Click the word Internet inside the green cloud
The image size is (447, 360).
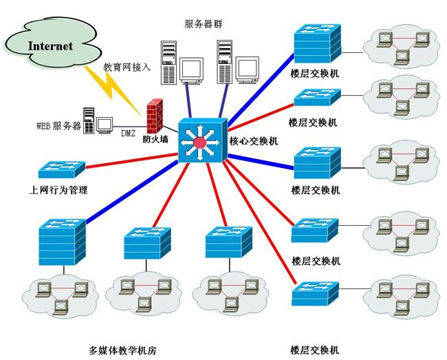[x=50, y=46]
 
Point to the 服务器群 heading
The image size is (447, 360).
[x=204, y=24]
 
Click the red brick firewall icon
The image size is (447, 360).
[x=155, y=114]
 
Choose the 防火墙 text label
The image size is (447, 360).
[x=155, y=139]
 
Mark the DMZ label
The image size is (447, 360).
[x=129, y=133]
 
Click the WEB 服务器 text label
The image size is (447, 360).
[x=58, y=127]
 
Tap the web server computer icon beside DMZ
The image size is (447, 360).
[x=96, y=121]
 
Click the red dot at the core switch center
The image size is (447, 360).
[x=200, y=142]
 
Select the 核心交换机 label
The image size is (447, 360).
[x=254, y=142]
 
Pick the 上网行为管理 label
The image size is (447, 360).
[x=56, y=190]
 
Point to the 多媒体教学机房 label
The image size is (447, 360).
[x=123, y=350]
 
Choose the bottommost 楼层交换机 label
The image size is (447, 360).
[x=316, y=350]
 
